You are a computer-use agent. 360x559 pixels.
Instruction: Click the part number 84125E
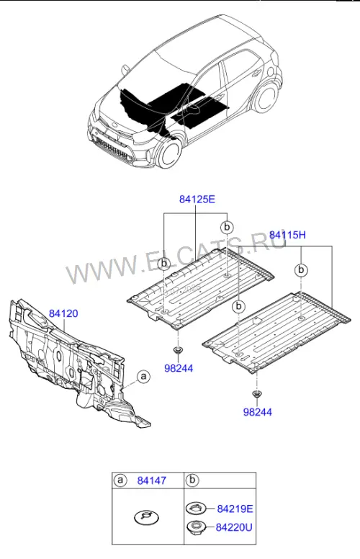(197, 199)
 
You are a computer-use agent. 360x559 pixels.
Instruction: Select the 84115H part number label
(287, 235)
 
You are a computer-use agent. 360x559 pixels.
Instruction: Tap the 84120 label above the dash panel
(63, 314)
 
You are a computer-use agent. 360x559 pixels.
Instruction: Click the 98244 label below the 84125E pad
(179, 368)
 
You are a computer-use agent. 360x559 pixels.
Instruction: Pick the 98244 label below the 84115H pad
(257, 412)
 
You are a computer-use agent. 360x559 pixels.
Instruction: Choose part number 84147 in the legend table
(152, 480)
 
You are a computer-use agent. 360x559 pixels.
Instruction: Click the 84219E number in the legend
(235, 509)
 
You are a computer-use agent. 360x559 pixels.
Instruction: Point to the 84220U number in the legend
(234, 527)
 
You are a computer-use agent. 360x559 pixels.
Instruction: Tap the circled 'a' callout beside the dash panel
(144, 377)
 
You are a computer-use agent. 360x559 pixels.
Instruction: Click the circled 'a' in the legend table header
(120, 480)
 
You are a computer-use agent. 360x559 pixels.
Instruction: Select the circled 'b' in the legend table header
(192, 480)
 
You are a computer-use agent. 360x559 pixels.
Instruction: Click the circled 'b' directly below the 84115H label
(301, 270)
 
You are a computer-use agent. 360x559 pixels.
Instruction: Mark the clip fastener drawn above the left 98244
(177, 351)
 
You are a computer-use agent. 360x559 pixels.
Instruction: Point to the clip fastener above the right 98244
(256, 394)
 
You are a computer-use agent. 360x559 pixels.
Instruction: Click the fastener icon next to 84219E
(196, 509)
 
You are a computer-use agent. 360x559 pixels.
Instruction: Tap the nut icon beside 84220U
(197, 527)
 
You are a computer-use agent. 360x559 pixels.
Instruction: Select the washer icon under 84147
(146, 517)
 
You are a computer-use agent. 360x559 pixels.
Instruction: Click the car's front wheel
(168, 153)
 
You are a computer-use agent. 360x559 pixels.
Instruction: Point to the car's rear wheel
(266, 97)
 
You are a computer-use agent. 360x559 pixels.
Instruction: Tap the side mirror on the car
(125, 69)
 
